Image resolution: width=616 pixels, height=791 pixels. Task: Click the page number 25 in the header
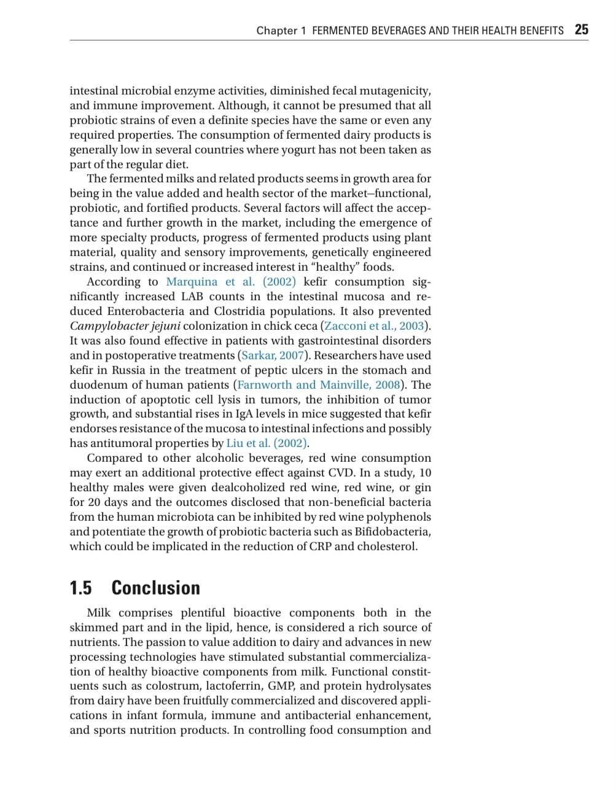coord(581,29)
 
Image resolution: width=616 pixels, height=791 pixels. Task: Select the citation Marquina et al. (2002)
coord(231,282)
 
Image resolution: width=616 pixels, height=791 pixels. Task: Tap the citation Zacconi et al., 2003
coord(374,326)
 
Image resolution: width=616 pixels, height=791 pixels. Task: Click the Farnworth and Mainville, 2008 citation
coord(319,385)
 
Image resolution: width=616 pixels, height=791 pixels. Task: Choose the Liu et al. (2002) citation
coord(267,443)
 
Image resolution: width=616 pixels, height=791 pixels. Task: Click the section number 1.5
coord(80,588)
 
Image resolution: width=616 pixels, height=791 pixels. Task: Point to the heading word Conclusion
coord(155,588)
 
